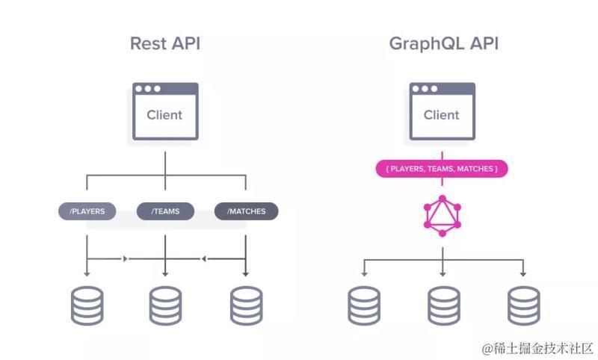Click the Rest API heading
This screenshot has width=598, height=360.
(164, 43)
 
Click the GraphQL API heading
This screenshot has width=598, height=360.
(443, 43)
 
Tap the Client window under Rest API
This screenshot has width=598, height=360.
(165, 111)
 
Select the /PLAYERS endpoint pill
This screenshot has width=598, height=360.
(87, 211)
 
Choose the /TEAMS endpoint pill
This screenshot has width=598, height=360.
(165, 211)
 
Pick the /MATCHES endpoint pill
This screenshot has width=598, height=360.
(246, 211)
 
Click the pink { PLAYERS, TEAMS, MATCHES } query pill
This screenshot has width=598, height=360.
(441, 170)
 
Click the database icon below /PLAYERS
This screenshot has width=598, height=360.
(87, 305)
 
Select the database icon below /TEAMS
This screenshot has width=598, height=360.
(165, 305)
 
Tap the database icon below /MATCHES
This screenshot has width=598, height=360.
(246, 305)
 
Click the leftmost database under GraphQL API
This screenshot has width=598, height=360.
(364, 305)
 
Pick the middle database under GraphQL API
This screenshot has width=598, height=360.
(443, 305)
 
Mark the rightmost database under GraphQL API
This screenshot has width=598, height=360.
(523, 305)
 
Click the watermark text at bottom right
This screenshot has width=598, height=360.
(537, 348)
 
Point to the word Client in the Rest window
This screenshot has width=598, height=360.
(164, 115)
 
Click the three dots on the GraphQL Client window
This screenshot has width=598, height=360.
(425, 89)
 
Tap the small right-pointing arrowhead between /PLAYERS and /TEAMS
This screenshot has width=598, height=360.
(125, 259)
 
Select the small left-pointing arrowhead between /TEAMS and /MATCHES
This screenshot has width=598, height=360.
(203, 259)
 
